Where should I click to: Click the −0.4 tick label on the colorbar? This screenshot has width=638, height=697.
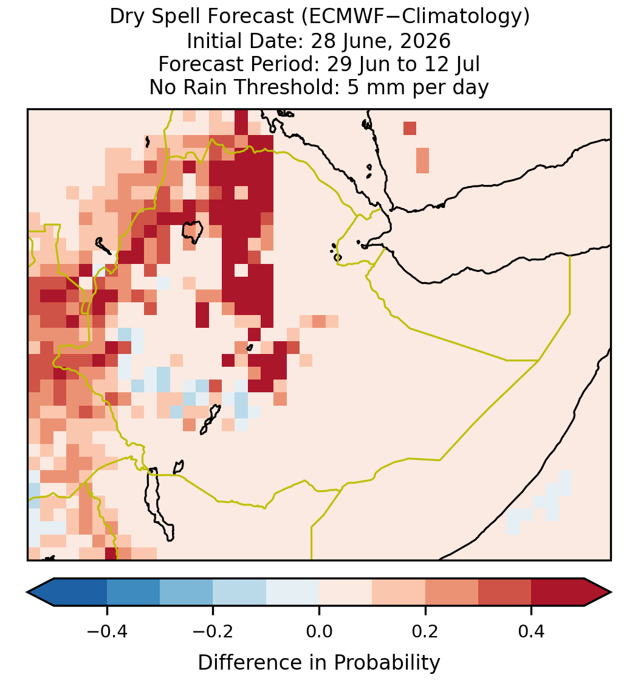pyautogui.click(x=107, y=631)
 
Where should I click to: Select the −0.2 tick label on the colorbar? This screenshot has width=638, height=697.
pyautogui.click(x=213, y=631)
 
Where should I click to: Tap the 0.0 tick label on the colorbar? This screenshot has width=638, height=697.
pyautogui.click(x=319, y=631)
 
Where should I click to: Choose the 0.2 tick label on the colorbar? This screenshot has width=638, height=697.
pyautogui.click(x=425, y=631)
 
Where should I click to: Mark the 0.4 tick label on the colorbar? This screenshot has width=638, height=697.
pyautogui.click(x=532, y=631)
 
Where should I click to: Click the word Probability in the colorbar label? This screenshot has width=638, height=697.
pyautogui.click(x=386, y=663)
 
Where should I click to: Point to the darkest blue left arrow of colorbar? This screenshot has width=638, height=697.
pyautogui.click(x=41, y=592)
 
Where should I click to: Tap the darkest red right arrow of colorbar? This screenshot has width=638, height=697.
pyautogui.click(x=598, y=592)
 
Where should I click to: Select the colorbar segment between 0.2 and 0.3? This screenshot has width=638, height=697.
pyautogui.click(x=451, y=592)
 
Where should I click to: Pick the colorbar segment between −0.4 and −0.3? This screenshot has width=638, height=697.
pyautogui.click(x=133, y=592)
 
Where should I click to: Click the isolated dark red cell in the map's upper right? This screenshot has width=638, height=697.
pyautogui.click(x=410, y=128)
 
